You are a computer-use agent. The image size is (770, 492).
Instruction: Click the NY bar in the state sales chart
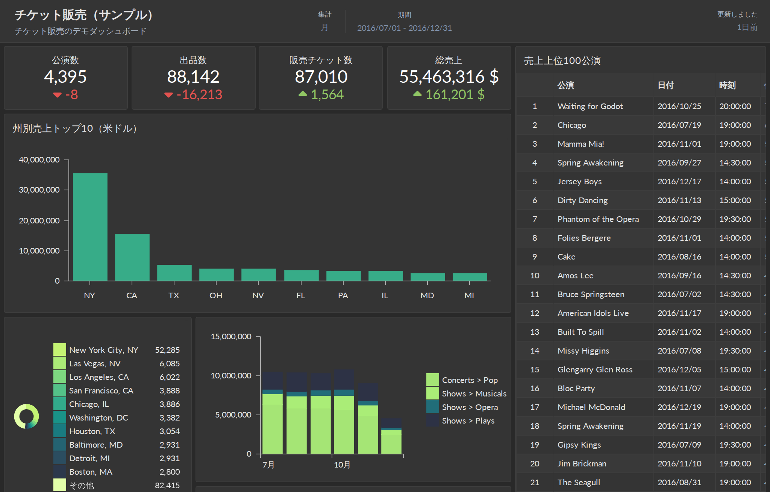point(90,227)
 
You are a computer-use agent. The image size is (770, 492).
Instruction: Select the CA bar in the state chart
point(132,257)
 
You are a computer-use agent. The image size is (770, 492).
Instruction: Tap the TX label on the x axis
point(174,296)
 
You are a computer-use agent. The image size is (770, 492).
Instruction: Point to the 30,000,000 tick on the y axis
point(39,190)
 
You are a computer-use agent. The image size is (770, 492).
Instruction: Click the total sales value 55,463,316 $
point(449,77)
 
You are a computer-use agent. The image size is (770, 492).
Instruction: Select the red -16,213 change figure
point(199,94)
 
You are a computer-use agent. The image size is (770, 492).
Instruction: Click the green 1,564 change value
point(327,94)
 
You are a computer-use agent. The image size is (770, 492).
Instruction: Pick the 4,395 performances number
point(65,77)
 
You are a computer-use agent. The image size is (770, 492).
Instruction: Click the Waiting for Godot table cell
point(590,106)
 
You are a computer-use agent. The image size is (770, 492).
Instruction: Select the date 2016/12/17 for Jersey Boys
point(679,182)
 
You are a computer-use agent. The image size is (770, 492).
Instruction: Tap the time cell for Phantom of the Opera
point(735,219)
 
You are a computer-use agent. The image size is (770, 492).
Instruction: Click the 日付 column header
point(665,85)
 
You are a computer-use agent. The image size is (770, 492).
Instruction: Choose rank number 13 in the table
point(535,332)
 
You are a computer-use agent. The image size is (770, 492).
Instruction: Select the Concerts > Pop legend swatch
point(433,380)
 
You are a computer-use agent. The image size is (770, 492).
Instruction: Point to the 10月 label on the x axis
point(342,465)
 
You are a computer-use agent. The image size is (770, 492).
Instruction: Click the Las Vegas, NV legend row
point(117,363)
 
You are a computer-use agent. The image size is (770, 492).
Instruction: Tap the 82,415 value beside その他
point(167,486)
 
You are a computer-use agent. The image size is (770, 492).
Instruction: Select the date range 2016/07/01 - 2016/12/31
point(405,28)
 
